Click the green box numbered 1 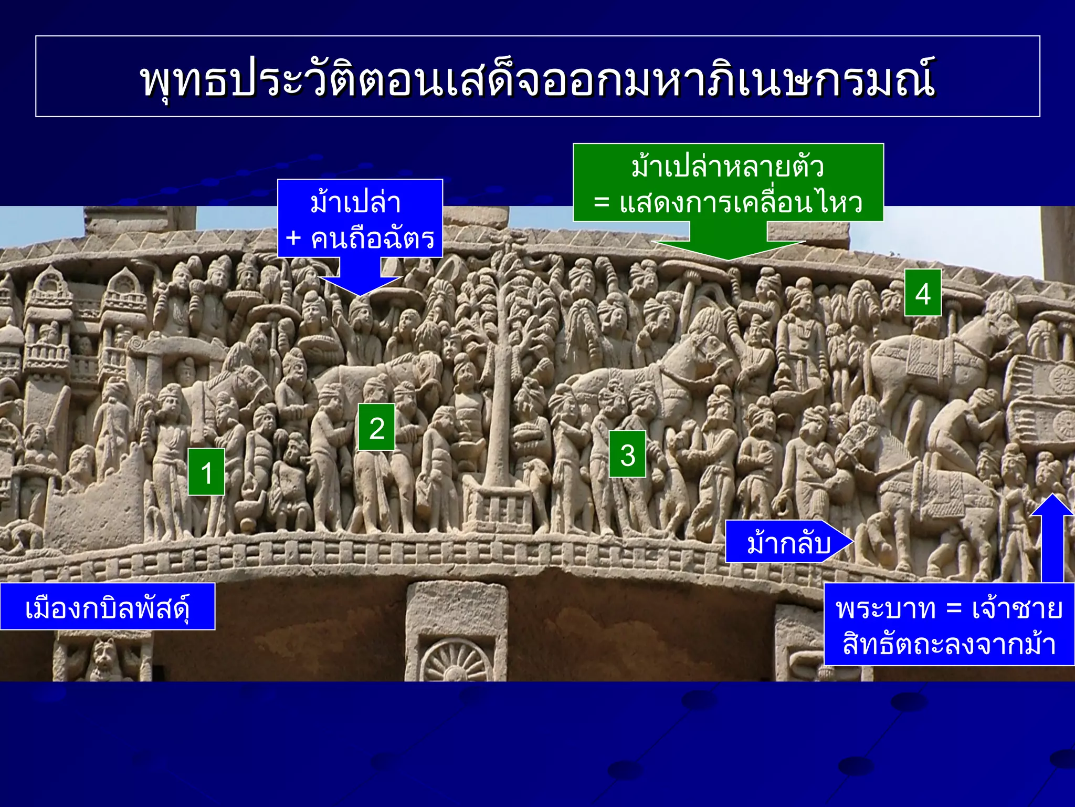[206, 472]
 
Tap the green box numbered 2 [376, 427]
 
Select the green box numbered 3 [627, 454]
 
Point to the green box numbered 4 [922, 293]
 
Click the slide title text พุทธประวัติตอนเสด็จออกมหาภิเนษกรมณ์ [537, 79]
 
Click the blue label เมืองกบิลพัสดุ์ [107, 607]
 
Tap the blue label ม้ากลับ [787, 542]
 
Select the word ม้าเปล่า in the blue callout [356, 203]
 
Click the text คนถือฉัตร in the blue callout [373, 239]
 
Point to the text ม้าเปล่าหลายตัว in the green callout [728, 167]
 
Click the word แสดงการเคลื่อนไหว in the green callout [740, 203]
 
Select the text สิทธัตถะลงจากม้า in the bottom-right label [949, 644]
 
